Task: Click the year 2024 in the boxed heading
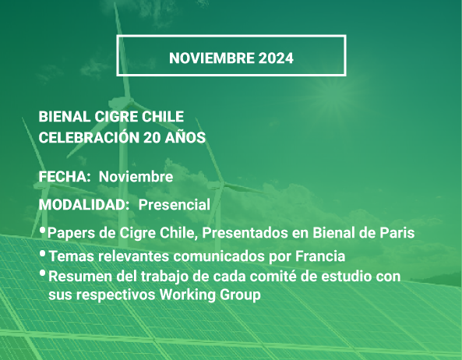276,58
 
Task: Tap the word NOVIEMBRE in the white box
212,58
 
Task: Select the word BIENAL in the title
65,117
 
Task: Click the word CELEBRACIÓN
89,137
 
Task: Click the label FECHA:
65,177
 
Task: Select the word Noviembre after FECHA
136,177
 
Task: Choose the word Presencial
175,205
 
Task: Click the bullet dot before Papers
42,230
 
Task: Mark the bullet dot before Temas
42,253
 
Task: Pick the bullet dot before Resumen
42,274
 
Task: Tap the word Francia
320,256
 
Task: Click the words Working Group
210,295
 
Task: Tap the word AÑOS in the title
185,137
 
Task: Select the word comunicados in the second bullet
219,256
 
